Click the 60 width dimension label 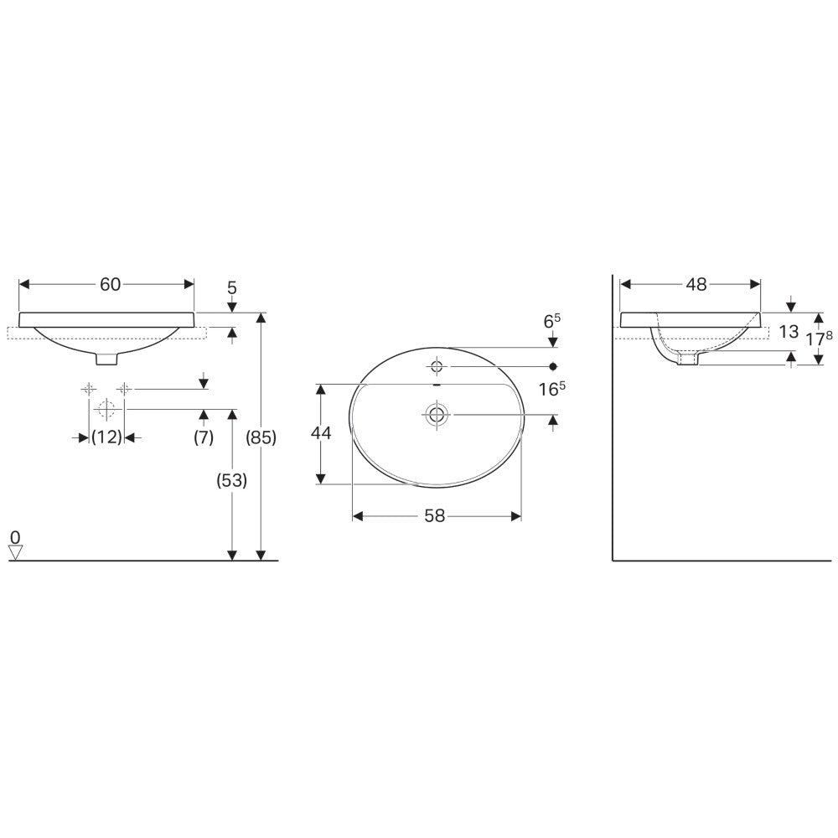pyautogui.click(x=110, y=284)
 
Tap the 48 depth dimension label pyautogui.click(x=696, y=284)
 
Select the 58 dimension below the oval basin pyautogui.click(x=434, y=515)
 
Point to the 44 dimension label pyautogui.click(x=321, y=433)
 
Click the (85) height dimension pyautogui.click(x=261, y=437)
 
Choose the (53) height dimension pyautogui.click(x=231, y=481)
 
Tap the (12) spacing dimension pyautogui.click(x=107, y=437)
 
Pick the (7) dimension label pyautogui.click(x=204, y=437)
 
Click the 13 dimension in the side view pyautogui.click(x=789, y=332)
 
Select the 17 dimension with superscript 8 pyautogui.click(x=820, y=339)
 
